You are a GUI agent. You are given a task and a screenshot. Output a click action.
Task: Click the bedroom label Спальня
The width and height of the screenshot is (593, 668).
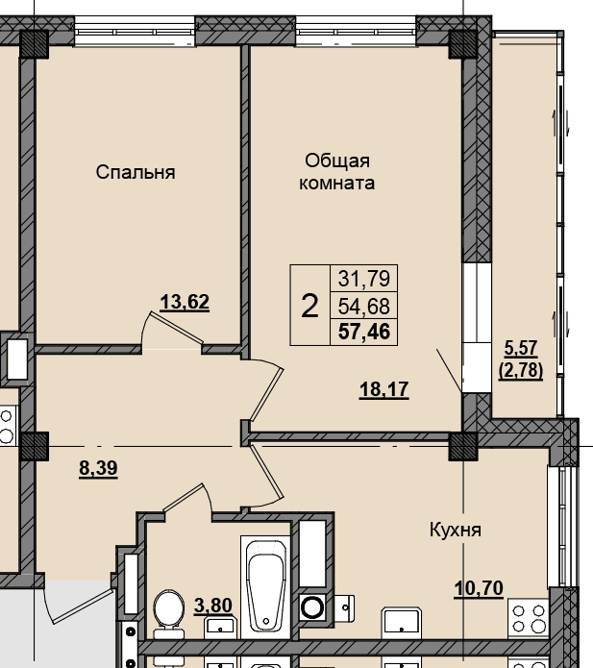pos(136,173)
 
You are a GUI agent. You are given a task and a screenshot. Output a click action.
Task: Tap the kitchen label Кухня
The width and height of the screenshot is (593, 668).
pos(456,531)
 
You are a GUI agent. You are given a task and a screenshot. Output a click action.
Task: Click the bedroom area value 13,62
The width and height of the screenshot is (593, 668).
pos(185,303)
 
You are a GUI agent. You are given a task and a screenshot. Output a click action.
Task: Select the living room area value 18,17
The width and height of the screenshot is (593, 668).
pos(384,389)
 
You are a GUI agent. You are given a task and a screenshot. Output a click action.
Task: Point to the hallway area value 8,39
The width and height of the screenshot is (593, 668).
pos(98,468)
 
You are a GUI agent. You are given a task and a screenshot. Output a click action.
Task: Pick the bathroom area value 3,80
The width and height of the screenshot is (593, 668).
pos(213,606)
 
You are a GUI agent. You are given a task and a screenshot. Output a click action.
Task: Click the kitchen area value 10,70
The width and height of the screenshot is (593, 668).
pos(479,589)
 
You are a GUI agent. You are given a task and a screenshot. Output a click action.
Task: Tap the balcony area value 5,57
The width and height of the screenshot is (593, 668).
pos(521,349)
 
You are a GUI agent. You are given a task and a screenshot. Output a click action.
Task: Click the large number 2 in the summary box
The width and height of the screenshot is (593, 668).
pos(309,306)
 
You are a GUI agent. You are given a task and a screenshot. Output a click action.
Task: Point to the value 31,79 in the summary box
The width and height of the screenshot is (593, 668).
pos(364,279)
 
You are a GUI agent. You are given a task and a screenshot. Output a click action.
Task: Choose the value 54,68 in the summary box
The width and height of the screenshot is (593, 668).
pos(364,306)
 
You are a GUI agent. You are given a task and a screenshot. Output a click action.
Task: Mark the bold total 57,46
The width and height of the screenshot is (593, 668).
pos(364,332)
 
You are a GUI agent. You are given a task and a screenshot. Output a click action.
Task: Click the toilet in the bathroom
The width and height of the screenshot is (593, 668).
pos(169,613)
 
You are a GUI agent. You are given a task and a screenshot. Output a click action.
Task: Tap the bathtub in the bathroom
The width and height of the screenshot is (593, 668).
pos(265,587)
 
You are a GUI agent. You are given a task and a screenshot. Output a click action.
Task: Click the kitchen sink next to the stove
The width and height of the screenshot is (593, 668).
pos(402,623)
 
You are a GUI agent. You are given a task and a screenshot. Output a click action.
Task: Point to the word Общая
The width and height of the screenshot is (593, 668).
pos(337,161)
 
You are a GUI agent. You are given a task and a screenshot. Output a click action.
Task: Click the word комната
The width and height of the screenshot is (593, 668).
pos(337,184)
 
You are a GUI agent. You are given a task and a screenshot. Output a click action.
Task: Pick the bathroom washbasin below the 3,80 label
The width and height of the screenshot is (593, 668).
pos(220,628)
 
